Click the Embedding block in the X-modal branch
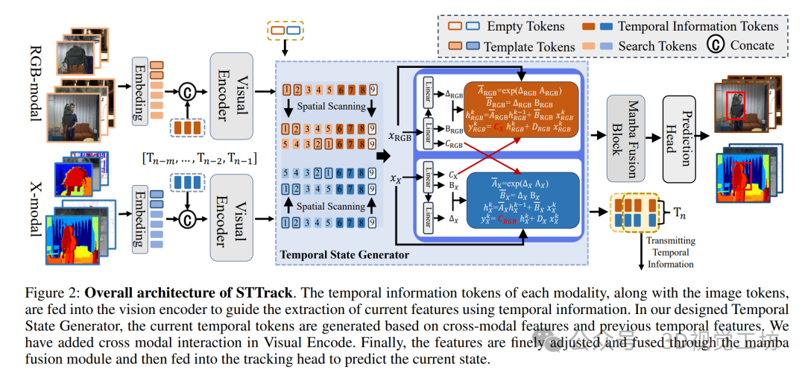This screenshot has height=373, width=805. click(x=139, y=219)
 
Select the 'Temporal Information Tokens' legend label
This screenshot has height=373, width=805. click(x=698, y=26)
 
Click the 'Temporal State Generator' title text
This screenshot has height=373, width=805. click(x=344, y=256)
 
